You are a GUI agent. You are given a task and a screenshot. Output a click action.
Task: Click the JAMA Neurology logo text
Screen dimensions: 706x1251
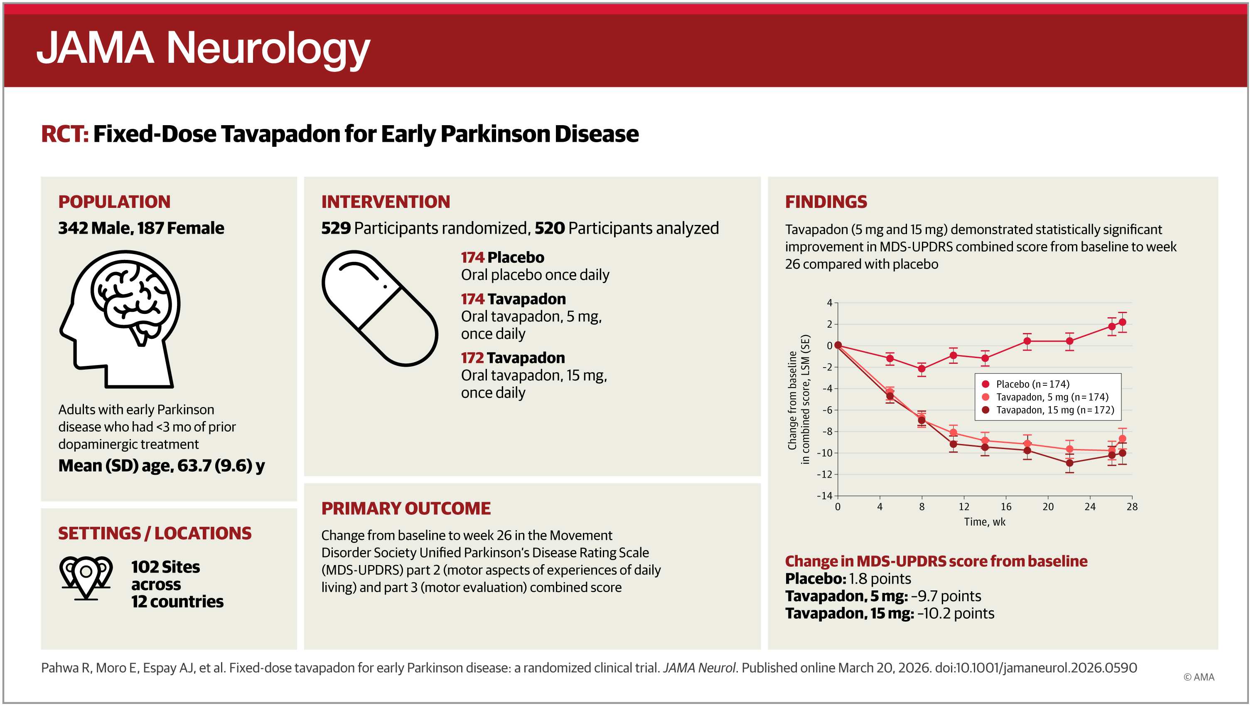pos(203,49)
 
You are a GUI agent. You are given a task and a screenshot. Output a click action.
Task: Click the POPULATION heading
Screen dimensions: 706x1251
pos(114,202)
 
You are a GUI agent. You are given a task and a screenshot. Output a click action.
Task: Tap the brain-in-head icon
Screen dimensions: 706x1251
pos(120,318)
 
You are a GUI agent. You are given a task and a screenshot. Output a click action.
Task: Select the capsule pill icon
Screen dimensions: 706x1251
pos(380,308)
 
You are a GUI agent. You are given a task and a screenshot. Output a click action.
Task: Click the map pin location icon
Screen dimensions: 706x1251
pos(86,577)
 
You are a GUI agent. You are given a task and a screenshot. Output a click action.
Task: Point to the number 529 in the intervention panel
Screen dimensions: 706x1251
pos(336,228)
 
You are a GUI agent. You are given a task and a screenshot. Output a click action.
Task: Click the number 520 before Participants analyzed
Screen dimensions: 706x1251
pos(549,228)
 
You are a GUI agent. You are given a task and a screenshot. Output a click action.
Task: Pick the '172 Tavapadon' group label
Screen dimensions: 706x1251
pos(512,358)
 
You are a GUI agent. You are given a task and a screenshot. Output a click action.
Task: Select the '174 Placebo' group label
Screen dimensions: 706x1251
pos(502,257)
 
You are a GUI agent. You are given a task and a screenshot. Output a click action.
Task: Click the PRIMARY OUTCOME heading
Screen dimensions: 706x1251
pos(406,508)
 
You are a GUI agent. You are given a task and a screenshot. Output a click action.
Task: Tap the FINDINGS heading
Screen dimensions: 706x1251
pos(826,202)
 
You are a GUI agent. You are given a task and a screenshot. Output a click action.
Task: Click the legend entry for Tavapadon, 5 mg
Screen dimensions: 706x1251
pos(1052,397)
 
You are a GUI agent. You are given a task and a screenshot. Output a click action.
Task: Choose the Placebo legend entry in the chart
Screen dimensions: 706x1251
pos(1032,384)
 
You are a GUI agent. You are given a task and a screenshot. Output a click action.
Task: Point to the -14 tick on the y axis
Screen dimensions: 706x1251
pos(825,496)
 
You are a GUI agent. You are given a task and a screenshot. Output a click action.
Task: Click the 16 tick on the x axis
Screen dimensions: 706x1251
pos(1006,507)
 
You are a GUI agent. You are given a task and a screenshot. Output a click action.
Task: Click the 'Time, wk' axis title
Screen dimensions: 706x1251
pos(984,522)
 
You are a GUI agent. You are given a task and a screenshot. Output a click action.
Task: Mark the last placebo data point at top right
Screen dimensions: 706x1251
pos(1122,322)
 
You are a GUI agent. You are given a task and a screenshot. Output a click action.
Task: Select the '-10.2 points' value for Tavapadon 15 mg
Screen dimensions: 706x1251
pos(955,613)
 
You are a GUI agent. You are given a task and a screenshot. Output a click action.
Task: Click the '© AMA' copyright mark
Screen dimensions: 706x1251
pos(1199,677)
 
